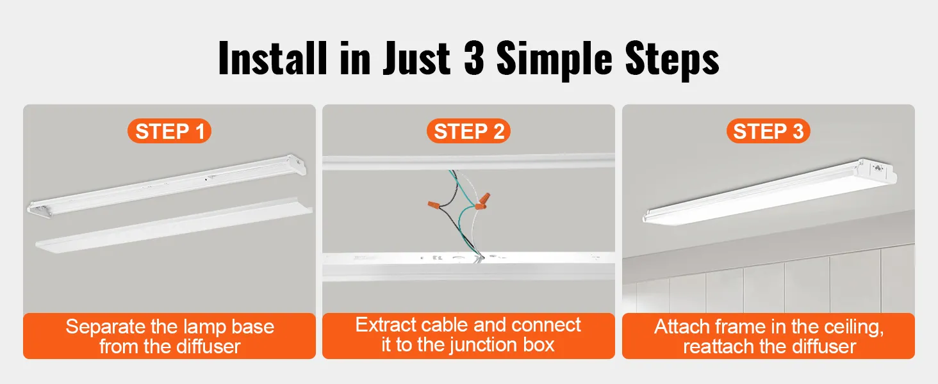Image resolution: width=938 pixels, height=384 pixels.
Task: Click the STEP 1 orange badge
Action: [170, 131]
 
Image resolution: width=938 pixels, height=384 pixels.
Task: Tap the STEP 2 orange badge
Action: [468, 131]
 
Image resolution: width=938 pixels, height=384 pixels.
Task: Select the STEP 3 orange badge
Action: [768, 131]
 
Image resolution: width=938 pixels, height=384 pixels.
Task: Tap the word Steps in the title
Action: [672, 59]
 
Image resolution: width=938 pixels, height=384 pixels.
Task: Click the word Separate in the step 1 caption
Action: [106, 326]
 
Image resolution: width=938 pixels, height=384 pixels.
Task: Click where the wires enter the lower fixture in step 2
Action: [479, 257]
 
